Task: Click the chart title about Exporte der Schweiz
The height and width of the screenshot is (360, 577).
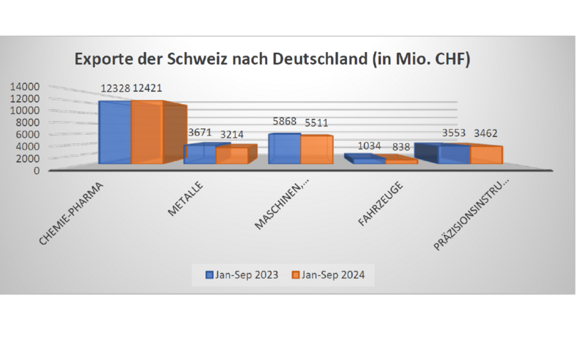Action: pos(272,59)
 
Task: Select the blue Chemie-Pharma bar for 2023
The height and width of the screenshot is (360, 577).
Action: pos(114,133)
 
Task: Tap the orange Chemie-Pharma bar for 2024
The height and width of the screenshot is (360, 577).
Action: pos(147,133)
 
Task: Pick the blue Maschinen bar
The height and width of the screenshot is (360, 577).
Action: pos(284,149)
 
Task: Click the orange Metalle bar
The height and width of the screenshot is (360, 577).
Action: pos(232,155)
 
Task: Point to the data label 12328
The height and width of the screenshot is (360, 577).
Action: pos(116,88)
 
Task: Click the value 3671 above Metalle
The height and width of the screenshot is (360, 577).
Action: pos(199,133)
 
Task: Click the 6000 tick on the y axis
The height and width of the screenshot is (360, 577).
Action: pos(27,134)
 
